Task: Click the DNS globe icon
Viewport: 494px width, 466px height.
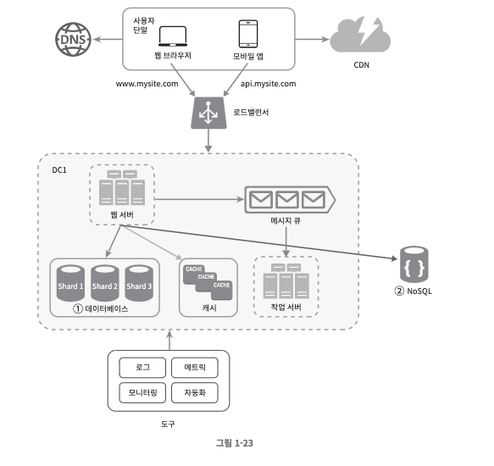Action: point(73,39)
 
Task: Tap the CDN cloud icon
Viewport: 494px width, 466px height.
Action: point(360,35)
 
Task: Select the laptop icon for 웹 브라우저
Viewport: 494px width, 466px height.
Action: point(173,36)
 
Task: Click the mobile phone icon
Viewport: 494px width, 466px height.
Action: point(248,34)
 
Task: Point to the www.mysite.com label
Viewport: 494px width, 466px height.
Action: point(147,84)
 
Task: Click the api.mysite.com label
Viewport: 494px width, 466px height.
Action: point(268,84)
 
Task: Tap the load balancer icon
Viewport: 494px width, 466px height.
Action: point(208,113)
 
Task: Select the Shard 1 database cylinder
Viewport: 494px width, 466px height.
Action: point(70,283)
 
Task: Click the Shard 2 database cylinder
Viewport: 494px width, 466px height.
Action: point(105,283)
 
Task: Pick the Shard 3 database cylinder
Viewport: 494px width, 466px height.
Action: point(139,283)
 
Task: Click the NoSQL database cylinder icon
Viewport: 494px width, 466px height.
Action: point(414,264)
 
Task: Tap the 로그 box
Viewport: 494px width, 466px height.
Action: point(142,368)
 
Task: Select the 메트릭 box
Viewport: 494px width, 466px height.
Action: point(195,368)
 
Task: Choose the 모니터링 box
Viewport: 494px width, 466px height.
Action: point(142,392)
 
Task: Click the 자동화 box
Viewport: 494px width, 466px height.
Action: point(195,392)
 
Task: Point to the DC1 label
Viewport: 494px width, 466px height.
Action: point(59,170)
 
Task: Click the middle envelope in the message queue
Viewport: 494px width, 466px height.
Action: point(287,200)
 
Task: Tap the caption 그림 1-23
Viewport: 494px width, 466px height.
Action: point(235,443)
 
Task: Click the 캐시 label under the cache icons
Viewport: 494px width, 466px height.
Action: point(209,308)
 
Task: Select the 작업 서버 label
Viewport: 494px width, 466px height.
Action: point(286,307)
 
